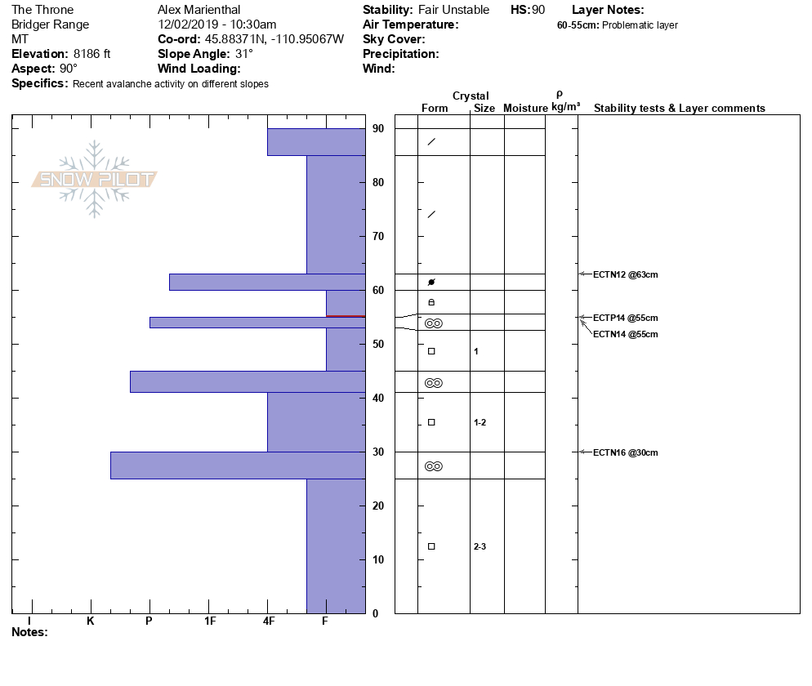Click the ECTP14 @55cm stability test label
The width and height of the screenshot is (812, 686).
click(x=625, y=318)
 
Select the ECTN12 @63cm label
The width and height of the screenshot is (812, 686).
click(x=625, y=274)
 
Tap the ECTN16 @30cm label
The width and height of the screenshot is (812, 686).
click(x=625, y=452)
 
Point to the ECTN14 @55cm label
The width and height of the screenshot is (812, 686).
click(x=625, y=334)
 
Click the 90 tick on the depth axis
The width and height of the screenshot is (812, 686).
click(x=378, y=128)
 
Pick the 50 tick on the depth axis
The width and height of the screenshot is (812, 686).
click(x=378, y=344)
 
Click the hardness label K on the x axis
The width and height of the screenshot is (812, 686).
click(x=90, y=621)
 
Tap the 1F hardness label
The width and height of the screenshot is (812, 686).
click(x=210, y=621)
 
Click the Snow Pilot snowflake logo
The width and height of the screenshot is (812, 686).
click(x=95, y=180)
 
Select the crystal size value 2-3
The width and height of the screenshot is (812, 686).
click(x=480, y=546)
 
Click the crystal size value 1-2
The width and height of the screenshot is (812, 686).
click(x=480, y=422)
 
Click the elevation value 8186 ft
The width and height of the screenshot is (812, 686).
click(x=91, y=54)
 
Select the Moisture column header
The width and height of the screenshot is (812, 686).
click(x=525, y=108)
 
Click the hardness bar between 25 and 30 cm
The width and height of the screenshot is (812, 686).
click(x=238, y=465)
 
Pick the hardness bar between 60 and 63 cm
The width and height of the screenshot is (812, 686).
click(x=266, y=282)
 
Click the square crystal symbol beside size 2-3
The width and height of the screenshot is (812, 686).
click(x=431, y=546)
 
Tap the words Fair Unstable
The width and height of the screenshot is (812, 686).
click(x=453, y=10)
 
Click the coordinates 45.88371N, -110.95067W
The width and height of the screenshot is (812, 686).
click(x=274, y=39)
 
